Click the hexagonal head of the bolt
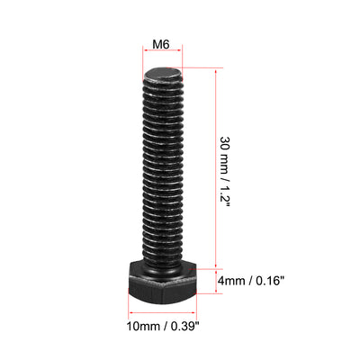coord(163,281)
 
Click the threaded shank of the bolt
coord(163,171)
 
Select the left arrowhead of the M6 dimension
coord(145,56)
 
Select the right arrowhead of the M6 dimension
coord(183,56)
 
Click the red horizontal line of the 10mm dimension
coord(163,321)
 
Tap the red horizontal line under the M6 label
coord(163,56)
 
